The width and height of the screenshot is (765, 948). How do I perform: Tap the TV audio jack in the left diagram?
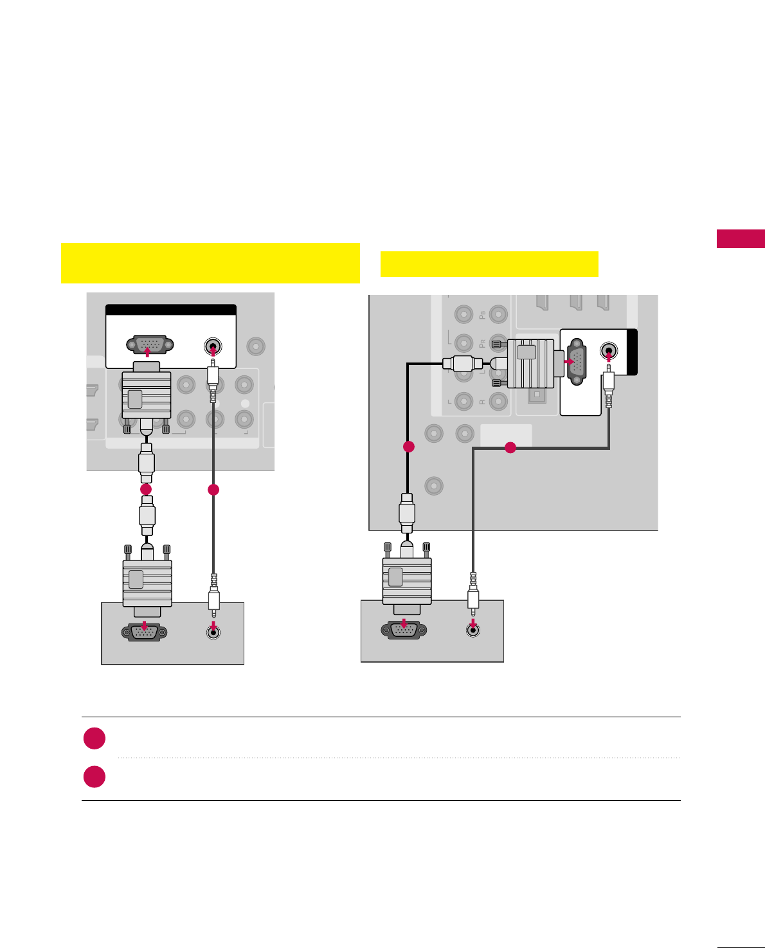pos(213,347)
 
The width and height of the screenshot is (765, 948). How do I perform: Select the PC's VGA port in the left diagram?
pos(145,632)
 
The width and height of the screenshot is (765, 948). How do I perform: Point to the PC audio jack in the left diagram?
pos(214,632)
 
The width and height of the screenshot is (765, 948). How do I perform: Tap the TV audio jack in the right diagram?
pos(609,352)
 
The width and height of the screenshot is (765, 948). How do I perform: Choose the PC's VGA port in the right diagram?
pos(404,630)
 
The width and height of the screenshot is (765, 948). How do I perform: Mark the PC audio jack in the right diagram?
pos(473,630)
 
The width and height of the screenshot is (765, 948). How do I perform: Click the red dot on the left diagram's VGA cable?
pos(147,489)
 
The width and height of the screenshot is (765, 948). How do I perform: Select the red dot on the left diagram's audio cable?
pos(213,490)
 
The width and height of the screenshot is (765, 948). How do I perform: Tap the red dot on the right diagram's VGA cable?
pos(408,446)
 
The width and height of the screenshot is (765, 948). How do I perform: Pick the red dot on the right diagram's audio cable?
pos(510,447)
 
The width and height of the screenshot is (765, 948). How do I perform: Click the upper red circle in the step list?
pos(94,738)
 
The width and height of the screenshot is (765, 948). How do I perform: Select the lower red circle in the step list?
pos(94,776)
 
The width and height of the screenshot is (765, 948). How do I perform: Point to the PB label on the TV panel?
pos(482,315)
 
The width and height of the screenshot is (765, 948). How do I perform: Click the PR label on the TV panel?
pos(482,343)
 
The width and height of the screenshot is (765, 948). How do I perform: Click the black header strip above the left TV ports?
pos(171,310)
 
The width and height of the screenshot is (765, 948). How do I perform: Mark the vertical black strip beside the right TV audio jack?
pos(633,352)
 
